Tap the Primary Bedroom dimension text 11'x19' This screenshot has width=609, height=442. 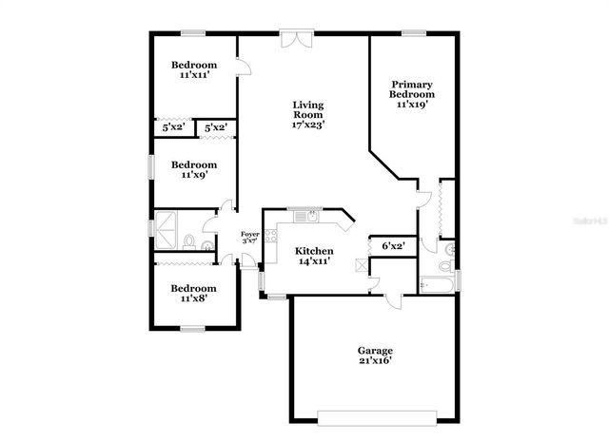412,105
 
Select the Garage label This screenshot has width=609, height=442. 375,351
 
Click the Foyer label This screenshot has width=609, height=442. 249,234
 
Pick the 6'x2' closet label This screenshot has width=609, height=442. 393,245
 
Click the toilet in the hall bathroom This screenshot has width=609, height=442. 189,240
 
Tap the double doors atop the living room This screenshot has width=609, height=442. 295,40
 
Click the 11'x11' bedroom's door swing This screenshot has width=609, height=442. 244,66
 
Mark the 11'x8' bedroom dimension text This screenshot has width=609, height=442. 193,298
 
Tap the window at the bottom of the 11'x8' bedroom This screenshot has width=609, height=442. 193,329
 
